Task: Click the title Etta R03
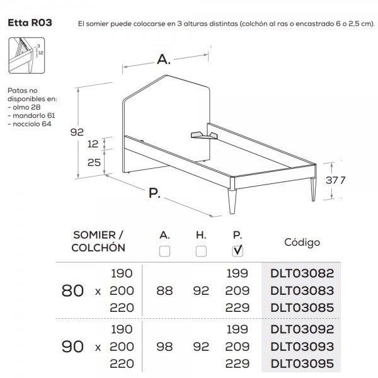30,24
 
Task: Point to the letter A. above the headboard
164,60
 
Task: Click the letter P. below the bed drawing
154,193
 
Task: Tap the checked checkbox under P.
238,251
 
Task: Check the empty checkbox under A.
165,251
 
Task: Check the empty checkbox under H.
201,251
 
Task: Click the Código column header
301,242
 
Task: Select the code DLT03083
301,291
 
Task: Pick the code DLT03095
301,363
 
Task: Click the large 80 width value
73,291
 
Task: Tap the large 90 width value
73,346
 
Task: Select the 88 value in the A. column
165,291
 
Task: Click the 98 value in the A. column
165,346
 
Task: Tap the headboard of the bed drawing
167,107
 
